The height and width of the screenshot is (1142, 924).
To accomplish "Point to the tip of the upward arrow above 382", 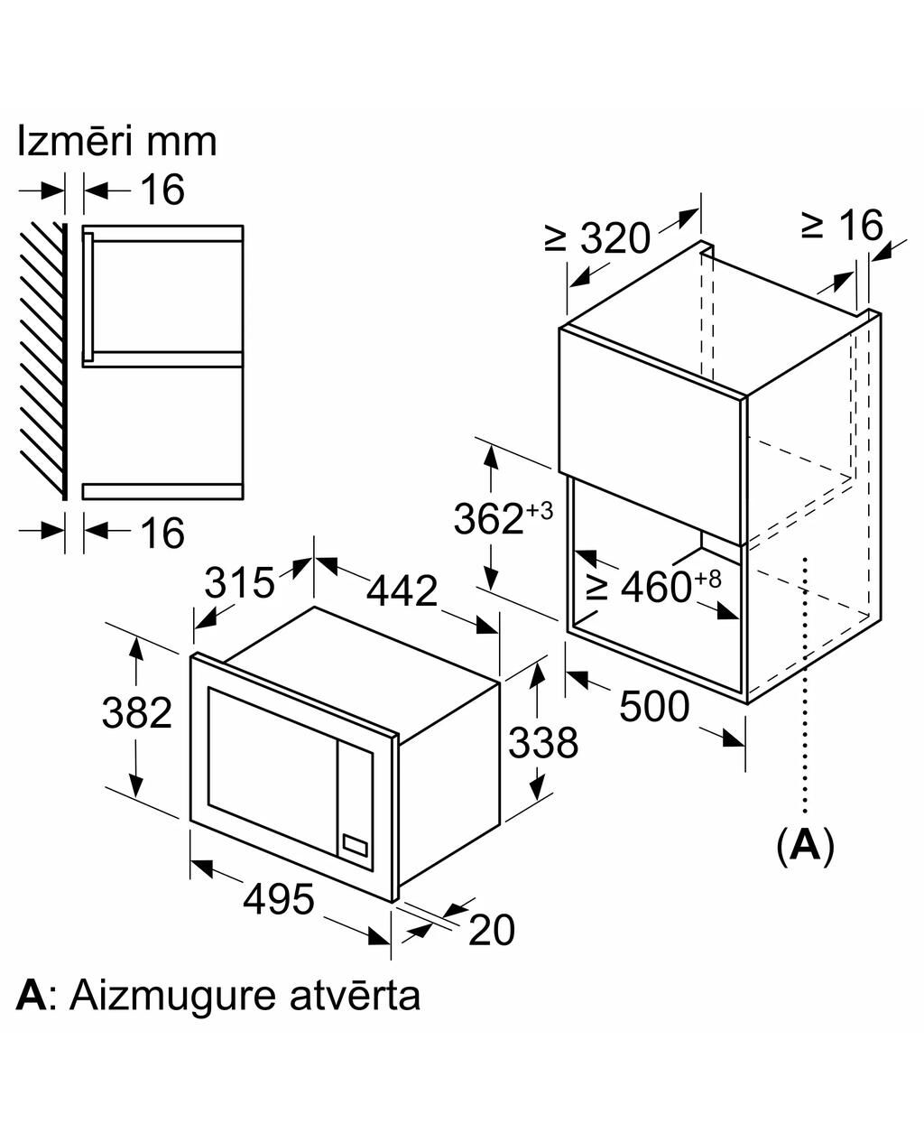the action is pos(136,637).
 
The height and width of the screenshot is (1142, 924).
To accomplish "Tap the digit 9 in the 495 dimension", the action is pos(279,898).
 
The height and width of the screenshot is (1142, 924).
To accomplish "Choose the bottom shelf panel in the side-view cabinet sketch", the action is pos(163,491).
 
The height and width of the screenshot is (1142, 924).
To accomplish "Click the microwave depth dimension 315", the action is pos(239,583).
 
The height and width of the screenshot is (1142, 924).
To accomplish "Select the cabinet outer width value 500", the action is pos(654,706).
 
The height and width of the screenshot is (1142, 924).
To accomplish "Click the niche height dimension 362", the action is pos(488,519).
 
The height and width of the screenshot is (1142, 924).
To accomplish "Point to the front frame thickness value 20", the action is pos(492,930).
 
